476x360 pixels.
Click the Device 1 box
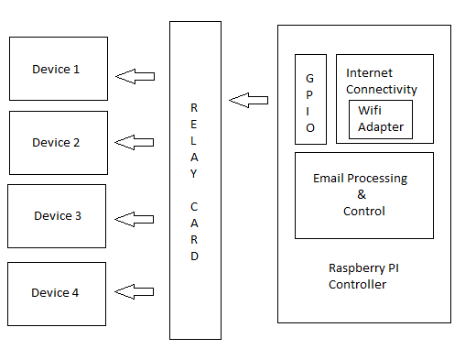click(x=58, y=69)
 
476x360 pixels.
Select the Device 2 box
click(x=58, y=142)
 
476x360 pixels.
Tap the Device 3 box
click(x=57, y=216)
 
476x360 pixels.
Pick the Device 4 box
click(x=57, y=292)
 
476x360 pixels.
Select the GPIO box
click(x=310, y=99)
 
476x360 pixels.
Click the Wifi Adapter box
click(x=380, y=119)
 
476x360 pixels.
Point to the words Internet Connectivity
click(x=382, y=81)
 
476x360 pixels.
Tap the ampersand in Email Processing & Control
click(x=361, y=194)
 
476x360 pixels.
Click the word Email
click(x=330, y=178)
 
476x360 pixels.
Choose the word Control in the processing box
click(x=363, y=211)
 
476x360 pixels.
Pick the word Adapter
click(x=380, y=127)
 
